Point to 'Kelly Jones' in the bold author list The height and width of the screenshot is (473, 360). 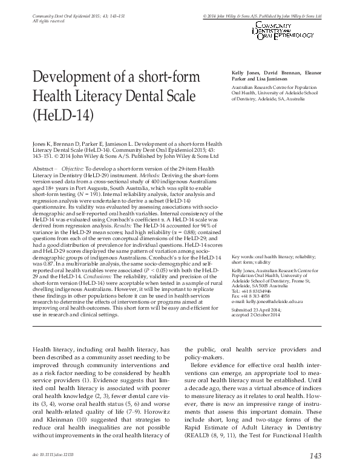[x=244, y=73]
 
